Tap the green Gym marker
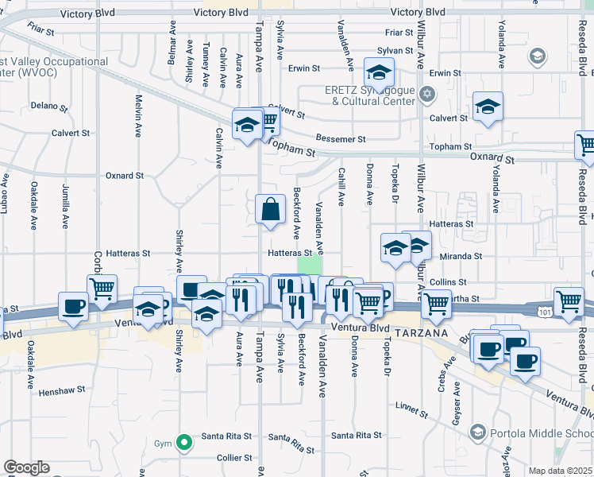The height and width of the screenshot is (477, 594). pos(184,442)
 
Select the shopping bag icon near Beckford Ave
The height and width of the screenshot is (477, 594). pos(271,210)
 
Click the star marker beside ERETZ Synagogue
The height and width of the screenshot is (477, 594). pos(427,95)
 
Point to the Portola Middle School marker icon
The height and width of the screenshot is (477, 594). pos(477,432)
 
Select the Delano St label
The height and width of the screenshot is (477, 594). pos(46,105)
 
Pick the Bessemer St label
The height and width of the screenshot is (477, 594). pos(340,138)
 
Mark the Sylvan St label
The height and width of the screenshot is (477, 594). pos(395,49)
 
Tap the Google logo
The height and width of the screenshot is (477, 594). pos(26,467)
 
